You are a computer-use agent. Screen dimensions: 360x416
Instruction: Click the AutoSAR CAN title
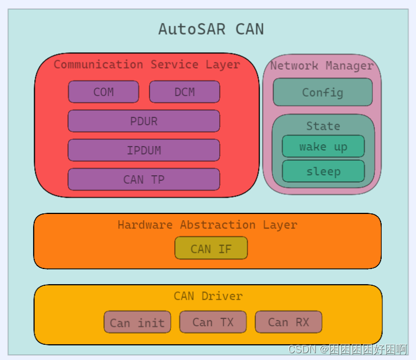tap(211, 29)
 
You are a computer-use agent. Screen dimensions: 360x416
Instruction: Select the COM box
tap(103, 92)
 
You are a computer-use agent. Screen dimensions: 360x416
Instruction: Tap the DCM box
tap(184, 92)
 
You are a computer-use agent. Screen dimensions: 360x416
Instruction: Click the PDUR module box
tap(144, 121)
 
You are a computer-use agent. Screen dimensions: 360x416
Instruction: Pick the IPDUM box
tap(144, 151)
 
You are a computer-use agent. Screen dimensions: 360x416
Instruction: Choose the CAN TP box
tap(144, 180)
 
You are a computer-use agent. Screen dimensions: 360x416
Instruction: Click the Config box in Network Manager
tap(323, 93)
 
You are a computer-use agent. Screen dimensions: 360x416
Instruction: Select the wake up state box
tap(323, 147)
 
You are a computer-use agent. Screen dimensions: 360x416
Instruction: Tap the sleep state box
tap(323, 171)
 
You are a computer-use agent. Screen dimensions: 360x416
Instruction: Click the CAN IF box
tap(211, 248)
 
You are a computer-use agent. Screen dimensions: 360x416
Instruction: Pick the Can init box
tap(137, 322)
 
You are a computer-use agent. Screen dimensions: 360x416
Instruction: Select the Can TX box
tap(213, 322)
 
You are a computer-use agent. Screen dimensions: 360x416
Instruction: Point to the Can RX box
tap(288, 322)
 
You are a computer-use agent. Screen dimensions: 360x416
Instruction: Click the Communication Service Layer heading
tap(147, 65)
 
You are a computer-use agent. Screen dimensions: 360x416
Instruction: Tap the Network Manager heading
tap(322, 66)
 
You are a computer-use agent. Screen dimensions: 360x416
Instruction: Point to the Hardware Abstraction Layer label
tap(207, 225)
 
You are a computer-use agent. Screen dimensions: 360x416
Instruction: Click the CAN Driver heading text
tap(208, 296)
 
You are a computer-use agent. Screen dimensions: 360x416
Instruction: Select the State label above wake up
tap(323, 126)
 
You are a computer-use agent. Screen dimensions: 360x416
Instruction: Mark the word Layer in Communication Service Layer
tap(223, 65)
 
